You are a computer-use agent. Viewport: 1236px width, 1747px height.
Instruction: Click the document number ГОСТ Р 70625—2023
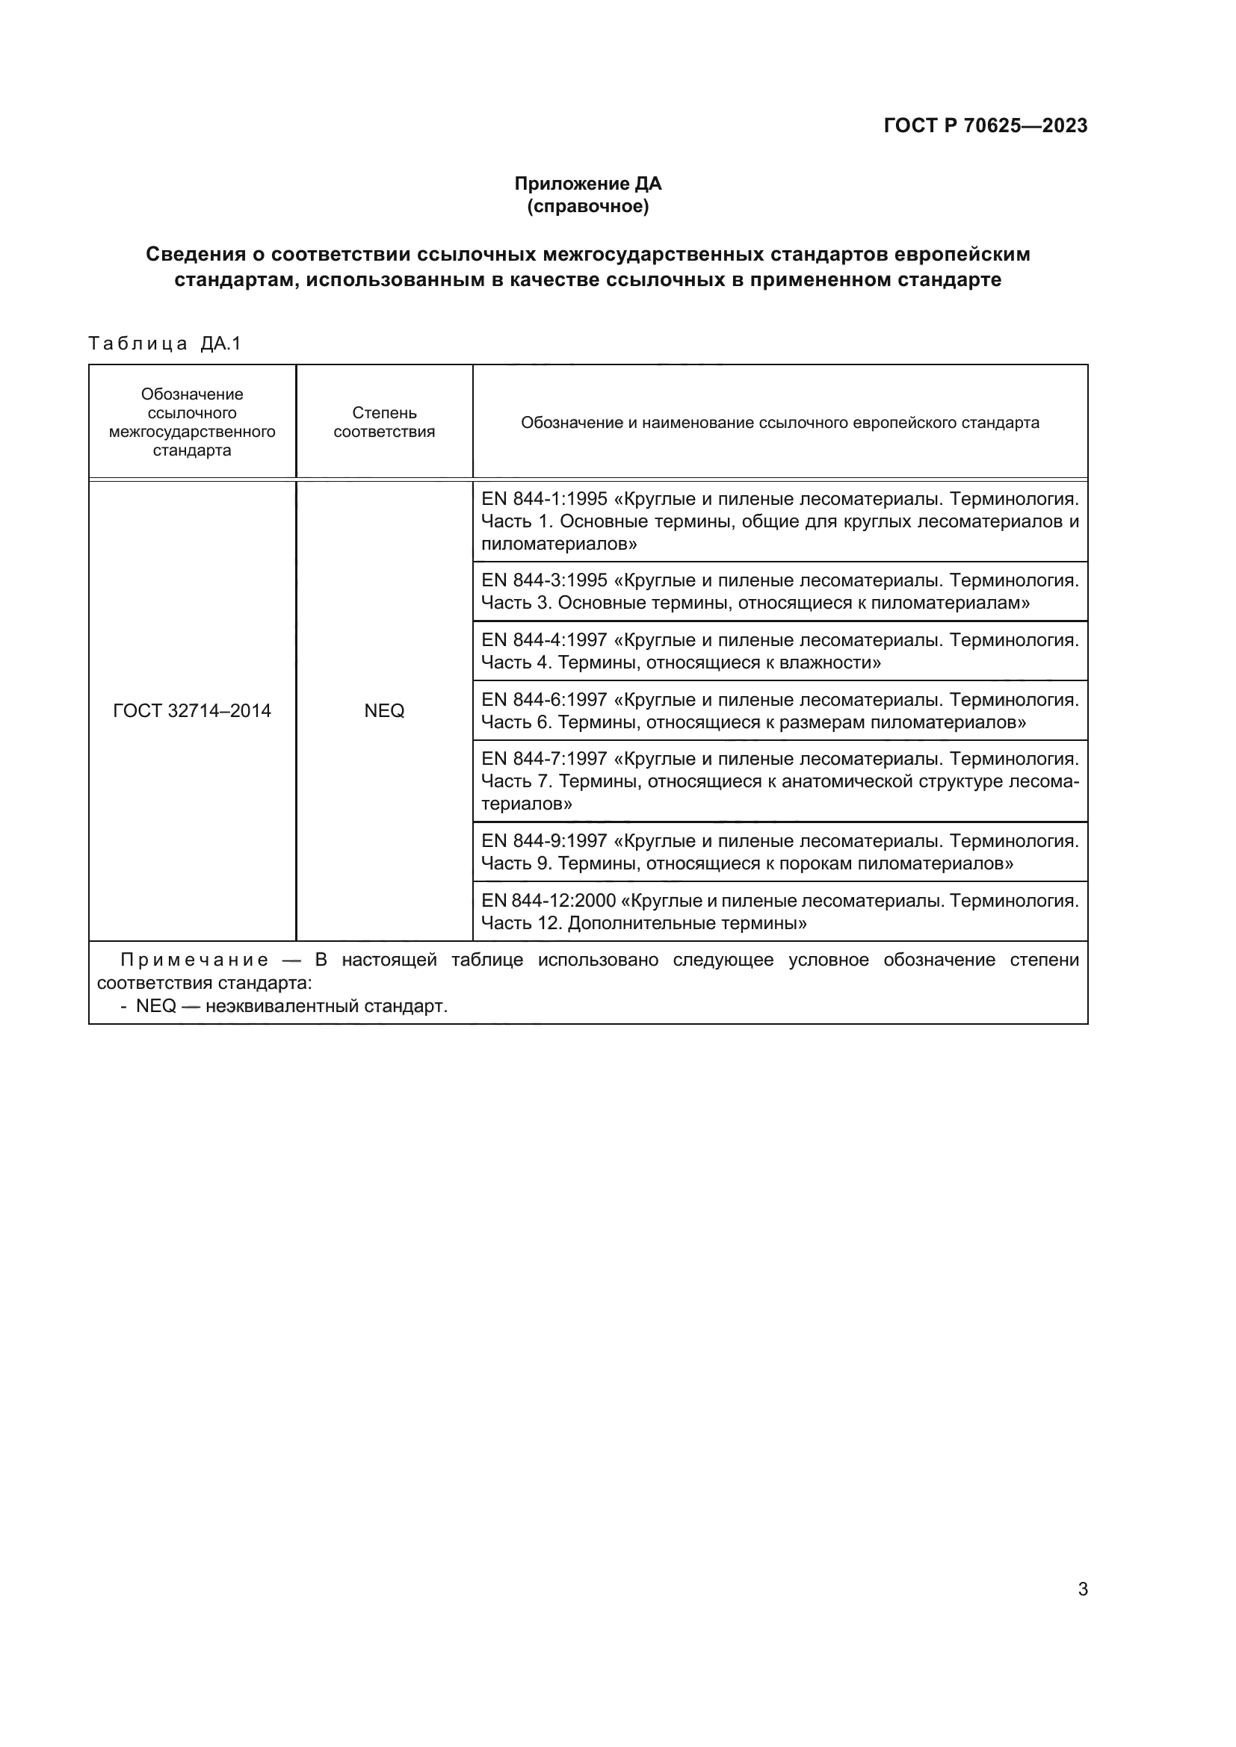985,125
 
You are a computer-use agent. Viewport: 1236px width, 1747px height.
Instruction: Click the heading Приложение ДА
587,184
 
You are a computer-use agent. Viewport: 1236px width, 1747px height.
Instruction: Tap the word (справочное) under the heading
587,206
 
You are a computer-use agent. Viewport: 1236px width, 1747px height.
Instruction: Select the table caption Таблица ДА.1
164,344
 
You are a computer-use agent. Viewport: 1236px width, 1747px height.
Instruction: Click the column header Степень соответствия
383,422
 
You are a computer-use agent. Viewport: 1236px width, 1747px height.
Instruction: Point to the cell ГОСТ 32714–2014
192,710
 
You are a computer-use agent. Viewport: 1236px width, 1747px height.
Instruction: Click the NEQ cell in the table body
383,710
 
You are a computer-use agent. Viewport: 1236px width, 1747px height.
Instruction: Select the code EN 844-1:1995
544,499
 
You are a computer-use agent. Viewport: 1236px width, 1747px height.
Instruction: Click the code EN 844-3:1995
544,580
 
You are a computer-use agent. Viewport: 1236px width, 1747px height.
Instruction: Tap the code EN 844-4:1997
544,640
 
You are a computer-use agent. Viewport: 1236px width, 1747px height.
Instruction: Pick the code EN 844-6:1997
544,699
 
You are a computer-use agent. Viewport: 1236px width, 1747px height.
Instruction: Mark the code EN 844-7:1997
544,759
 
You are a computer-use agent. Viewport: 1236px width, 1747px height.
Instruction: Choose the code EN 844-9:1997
544,841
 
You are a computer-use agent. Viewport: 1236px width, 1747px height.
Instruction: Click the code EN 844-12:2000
548,901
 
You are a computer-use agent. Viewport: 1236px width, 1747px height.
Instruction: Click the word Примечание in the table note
194,961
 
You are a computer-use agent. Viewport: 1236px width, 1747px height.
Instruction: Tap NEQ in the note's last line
156,1006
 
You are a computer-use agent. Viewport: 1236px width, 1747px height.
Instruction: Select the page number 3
1082,1589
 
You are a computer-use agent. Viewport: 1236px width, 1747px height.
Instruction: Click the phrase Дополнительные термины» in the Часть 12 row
687,924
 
